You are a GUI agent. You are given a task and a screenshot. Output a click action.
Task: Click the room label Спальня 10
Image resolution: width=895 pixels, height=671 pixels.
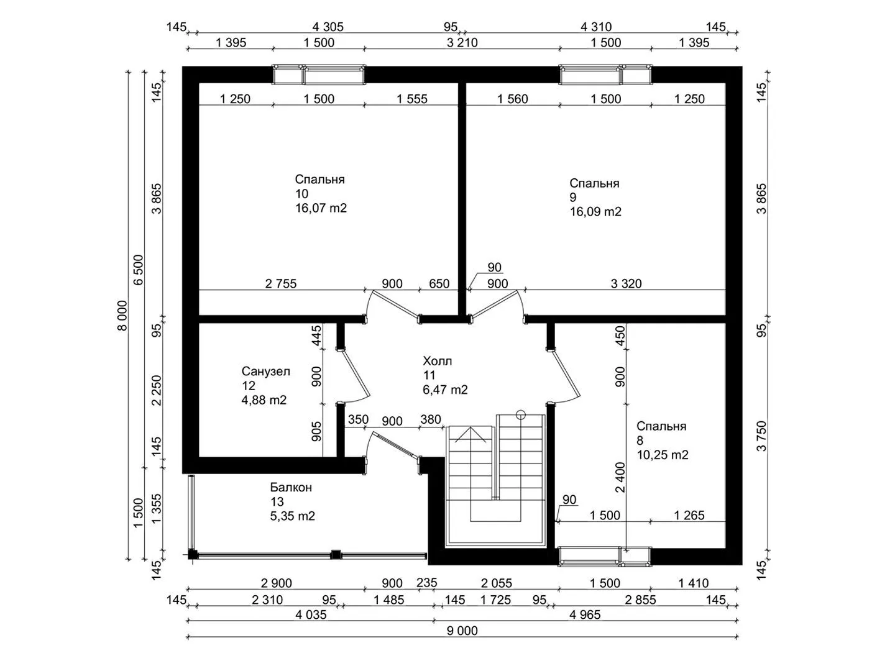coord(319,186)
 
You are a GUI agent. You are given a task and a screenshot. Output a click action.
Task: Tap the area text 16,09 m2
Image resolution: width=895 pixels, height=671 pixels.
coord(595,212)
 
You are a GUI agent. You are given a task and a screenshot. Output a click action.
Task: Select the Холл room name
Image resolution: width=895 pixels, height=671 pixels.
coord(437,361)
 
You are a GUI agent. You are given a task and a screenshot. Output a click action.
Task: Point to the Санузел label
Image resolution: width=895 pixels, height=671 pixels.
coord(266,371)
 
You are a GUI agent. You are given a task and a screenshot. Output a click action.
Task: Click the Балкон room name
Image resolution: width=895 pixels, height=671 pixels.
coord(291,487)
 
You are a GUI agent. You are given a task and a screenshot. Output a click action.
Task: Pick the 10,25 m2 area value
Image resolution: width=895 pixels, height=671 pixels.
coord(662,455)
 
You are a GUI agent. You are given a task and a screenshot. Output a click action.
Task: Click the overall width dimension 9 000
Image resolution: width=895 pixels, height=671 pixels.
coord(462,631)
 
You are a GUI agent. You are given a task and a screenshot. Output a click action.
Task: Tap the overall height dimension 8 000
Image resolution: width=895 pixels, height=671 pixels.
coord(122,316)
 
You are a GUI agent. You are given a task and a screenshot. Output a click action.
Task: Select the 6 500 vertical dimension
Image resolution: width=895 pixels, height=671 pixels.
coord(139,270)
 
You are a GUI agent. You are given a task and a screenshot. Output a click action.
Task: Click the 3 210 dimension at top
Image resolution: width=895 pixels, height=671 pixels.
coord(462,42)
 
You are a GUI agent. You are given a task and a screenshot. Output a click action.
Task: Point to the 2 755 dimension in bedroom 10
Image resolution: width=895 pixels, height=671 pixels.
coord(280,283)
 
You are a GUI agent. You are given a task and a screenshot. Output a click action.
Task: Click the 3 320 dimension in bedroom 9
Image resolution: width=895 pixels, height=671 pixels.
coord(626,283)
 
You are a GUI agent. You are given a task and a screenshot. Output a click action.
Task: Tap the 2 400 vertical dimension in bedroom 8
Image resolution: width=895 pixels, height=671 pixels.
coord(620,477)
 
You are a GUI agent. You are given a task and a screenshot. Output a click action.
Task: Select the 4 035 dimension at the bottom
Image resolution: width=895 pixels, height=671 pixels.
coord(311,615)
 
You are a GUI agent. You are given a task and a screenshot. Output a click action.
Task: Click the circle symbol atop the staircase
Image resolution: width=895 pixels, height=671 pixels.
coord(520,415)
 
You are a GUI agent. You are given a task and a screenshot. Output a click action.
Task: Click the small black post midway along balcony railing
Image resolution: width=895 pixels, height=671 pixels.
coord(336,554)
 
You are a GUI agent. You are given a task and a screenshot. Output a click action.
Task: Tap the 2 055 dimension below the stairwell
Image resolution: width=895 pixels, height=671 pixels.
coord(496,583)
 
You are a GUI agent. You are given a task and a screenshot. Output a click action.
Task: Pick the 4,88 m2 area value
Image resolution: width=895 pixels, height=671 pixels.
coord(264,400)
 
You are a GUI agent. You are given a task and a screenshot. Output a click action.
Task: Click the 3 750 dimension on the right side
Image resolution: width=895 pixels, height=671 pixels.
coord(761,436)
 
